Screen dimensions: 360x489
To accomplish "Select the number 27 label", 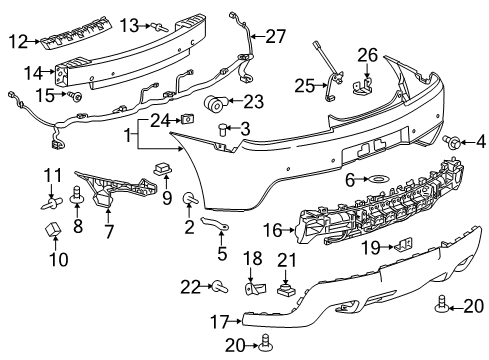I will [275, 36].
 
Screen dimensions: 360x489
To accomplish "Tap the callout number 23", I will [253, 100].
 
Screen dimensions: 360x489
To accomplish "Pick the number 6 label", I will [350, 180].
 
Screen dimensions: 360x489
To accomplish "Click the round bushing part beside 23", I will [217, 104].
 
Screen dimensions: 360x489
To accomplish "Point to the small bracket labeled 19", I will [406, 244].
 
